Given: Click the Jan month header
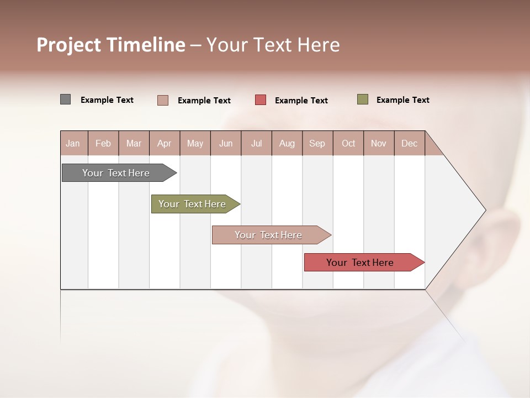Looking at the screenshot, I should [x=73, y=143].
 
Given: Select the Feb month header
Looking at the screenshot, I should [x=103, y=143].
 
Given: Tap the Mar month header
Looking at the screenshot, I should [x=134, y=143].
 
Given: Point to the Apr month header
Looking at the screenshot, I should [x=164, y=143].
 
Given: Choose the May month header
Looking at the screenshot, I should [x=195, y=143].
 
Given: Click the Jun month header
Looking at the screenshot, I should [x=226, y=143].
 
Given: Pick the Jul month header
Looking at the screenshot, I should [x=256, y=143].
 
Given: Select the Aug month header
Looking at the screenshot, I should [x=287, y=143].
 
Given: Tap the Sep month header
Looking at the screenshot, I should [x=317, y=143].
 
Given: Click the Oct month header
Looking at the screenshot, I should [x=348, y=143].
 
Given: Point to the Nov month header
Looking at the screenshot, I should [x=379, y=143].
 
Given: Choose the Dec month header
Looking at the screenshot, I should [x=409, y=143].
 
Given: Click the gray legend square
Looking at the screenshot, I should [x=65, y=99].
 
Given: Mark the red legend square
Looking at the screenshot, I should [x=261, y=100].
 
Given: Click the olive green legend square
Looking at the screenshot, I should [x=363, y=99].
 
